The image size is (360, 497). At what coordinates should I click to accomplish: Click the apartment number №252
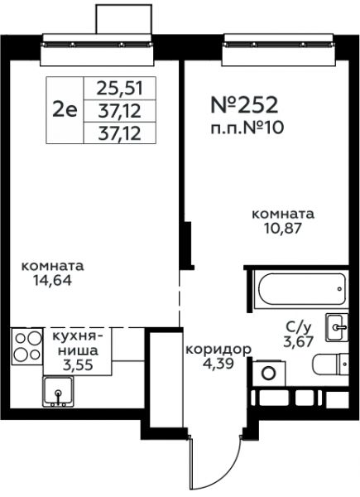pyautogui.click(x=244, y=105)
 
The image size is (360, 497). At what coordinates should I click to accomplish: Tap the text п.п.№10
pyautogui.click(x=247, y=128)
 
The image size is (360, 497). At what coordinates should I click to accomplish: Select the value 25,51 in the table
pyautogui.click(x=120, y=89)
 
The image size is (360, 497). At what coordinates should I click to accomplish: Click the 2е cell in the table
pyautogui.click(x=65, y=111)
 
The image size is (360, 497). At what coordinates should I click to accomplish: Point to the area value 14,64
pyautogui.click(x=53, y=280)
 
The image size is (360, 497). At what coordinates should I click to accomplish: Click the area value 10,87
pyautogui.click(x=283, y=229)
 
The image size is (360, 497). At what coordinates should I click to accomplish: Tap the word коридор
pyautogui.click(x=218, y=350)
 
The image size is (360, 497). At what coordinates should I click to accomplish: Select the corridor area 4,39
pyautogui.click(x=218, y=364)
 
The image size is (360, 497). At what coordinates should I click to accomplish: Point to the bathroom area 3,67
pyautogui.click(x=299, y=341)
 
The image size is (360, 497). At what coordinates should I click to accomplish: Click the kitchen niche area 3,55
pyautogui.click(x=78, y=364)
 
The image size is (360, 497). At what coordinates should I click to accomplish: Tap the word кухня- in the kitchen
pyautogui.click(x=78, y=336)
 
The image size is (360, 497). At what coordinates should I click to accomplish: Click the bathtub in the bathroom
pyautogui.click(x=301, y=289)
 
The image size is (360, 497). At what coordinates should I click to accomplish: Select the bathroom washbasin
pyautogui.click(x=337, y=327)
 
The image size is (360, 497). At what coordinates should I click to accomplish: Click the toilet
pyautogui.click(x=330, y=364)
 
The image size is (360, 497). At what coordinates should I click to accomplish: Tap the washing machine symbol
pyautogui.click(x=269, y=373)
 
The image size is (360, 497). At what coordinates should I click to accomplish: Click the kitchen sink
pyautogui.click(x=59, y=392)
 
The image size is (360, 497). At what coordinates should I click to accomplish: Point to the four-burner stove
pyautogui.click(x=27, y=346)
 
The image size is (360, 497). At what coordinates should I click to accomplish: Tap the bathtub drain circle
pyautogui.click(x=339, y=289)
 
